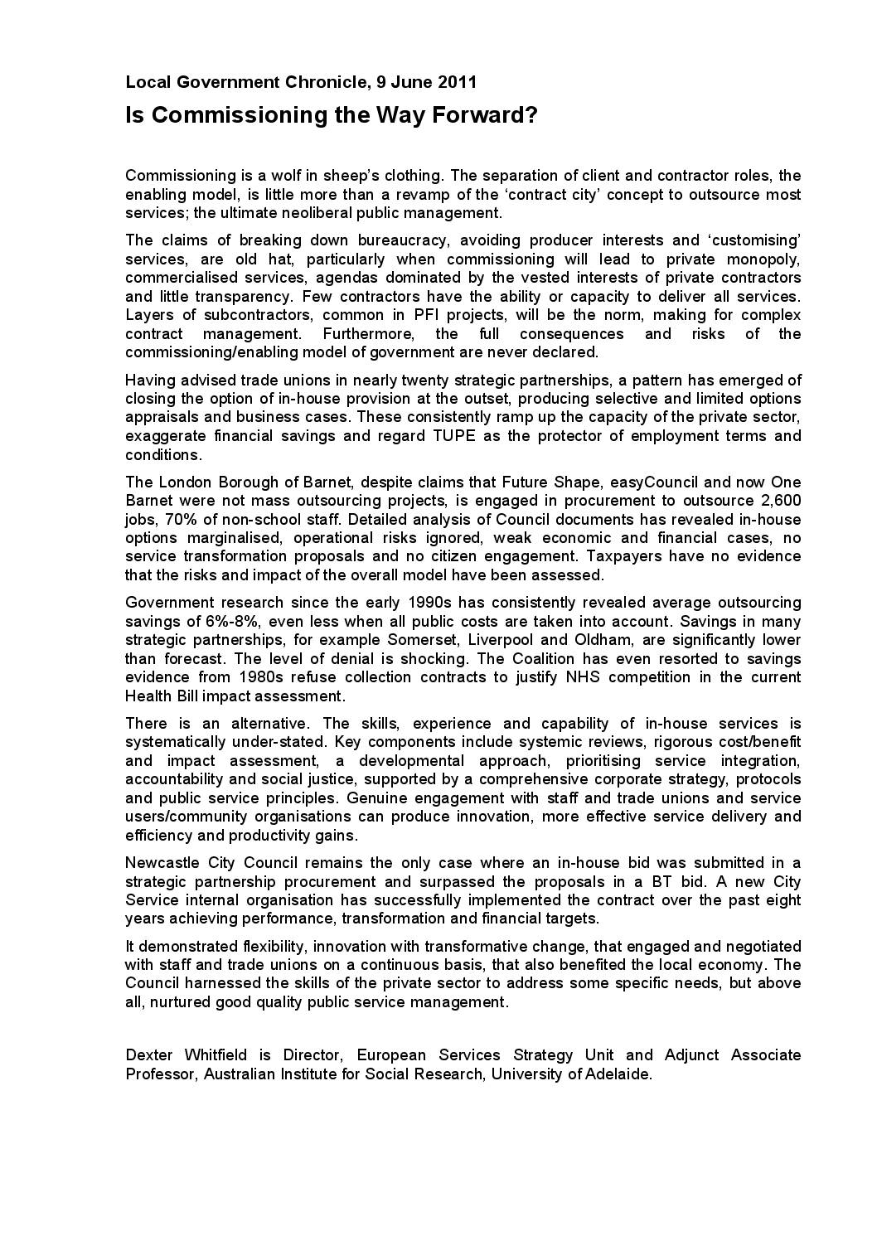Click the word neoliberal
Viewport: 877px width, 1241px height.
click(319, 213)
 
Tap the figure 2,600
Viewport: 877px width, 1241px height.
click(780, 501)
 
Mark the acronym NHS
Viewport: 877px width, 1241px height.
click(592, 677)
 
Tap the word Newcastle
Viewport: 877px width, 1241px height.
click(160, 863)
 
